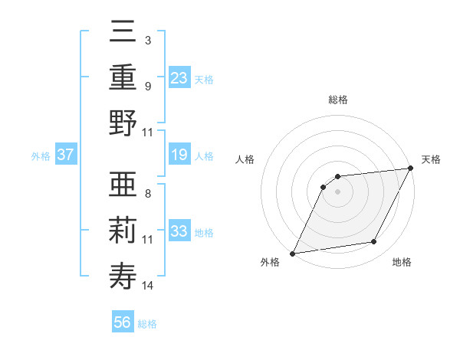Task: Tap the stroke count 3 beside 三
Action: click(x=147, y=40)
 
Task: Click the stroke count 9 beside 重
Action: click(x=147, y=86)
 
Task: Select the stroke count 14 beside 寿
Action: click(x=148, y=286)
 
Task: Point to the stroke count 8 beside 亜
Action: click(x=147, y=195)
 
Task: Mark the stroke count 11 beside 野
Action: click(x=148, y=132)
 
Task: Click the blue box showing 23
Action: click(x=179, y=77)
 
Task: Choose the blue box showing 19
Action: click(x=179, y=155)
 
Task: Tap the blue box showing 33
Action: click(x=179, y=231)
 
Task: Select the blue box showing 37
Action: click(x=66, y=155)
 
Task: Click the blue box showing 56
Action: click(x=123, y=322)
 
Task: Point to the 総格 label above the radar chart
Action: click(x=337, y=100)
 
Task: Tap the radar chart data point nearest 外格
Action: click(x=292, y=254)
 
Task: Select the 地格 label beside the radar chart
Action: click(x=402, y=263)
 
